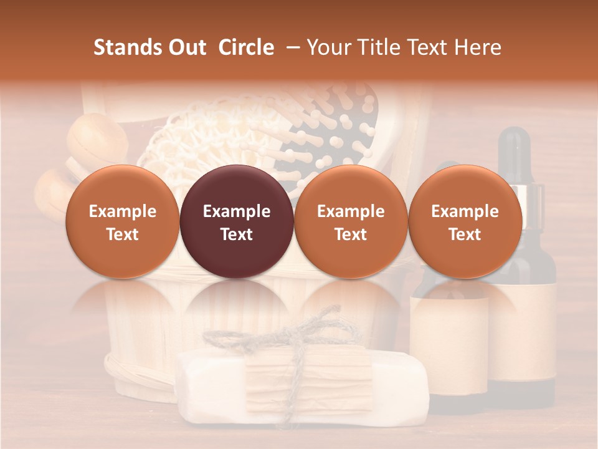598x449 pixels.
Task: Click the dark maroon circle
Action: click(x=237, y=221)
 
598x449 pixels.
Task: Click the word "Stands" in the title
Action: click(x=125, y=47)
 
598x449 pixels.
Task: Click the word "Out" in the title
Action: click(x=185, y=47)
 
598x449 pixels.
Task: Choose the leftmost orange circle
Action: click(x=122, y=221)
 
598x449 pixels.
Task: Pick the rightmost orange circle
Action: click(x=465, y=221)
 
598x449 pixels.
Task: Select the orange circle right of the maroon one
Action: click(x=351, y=221)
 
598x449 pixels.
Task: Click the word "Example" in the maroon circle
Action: click(x=237, y=211)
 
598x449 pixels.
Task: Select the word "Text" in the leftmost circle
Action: click(x=122, y=234)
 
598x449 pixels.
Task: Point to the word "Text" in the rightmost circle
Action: click(x=465, y=234)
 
